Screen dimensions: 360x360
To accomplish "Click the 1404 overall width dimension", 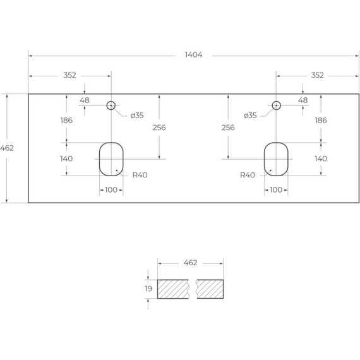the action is pyautogui.click(x=193, y=55).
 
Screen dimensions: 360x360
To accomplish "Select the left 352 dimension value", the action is pyautogui.click(x=69, y=75).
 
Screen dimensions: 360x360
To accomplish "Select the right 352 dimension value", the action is pyautogui.click(x=317, y=75).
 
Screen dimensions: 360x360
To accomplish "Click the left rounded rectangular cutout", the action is pyautogui.click(x=99, y=159).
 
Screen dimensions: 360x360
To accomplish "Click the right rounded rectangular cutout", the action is pyautogui.click(x=264, y=159).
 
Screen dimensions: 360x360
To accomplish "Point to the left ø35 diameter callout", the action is pyautogui.click(x=137, y=115).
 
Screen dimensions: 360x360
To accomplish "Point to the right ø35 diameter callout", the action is pyautogui.click(x=250, y=115).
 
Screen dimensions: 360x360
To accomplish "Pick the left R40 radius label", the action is pyautogui.click(x=140, y=175).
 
